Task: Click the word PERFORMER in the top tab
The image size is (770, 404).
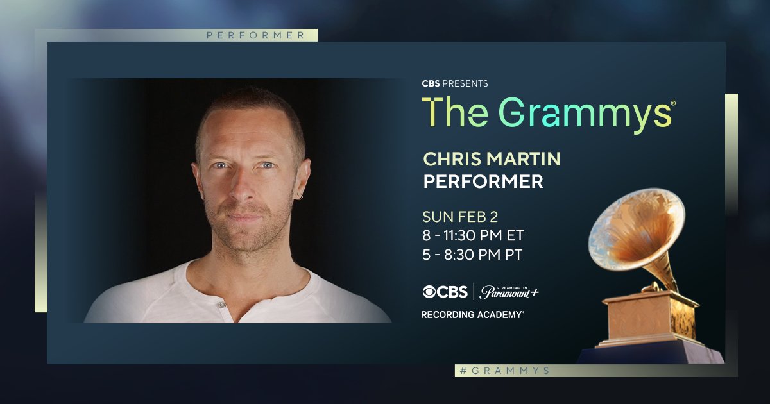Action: (255, 36)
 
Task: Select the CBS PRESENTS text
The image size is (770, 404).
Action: (455, 83)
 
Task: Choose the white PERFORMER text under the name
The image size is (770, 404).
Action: (483, 181)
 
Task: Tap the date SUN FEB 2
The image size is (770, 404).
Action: (461, 216)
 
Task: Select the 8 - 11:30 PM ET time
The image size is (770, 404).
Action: (474, 235)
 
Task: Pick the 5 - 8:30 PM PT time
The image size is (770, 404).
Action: (472, 255)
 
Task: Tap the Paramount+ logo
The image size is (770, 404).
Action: (509, 291)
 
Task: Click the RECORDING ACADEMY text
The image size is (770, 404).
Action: (472, 314)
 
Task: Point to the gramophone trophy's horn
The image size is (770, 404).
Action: (635, 231)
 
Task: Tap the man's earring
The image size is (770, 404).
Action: (300, 196)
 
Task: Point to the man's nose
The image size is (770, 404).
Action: (246, 189)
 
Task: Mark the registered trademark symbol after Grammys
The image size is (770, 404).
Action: (672, 103)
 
